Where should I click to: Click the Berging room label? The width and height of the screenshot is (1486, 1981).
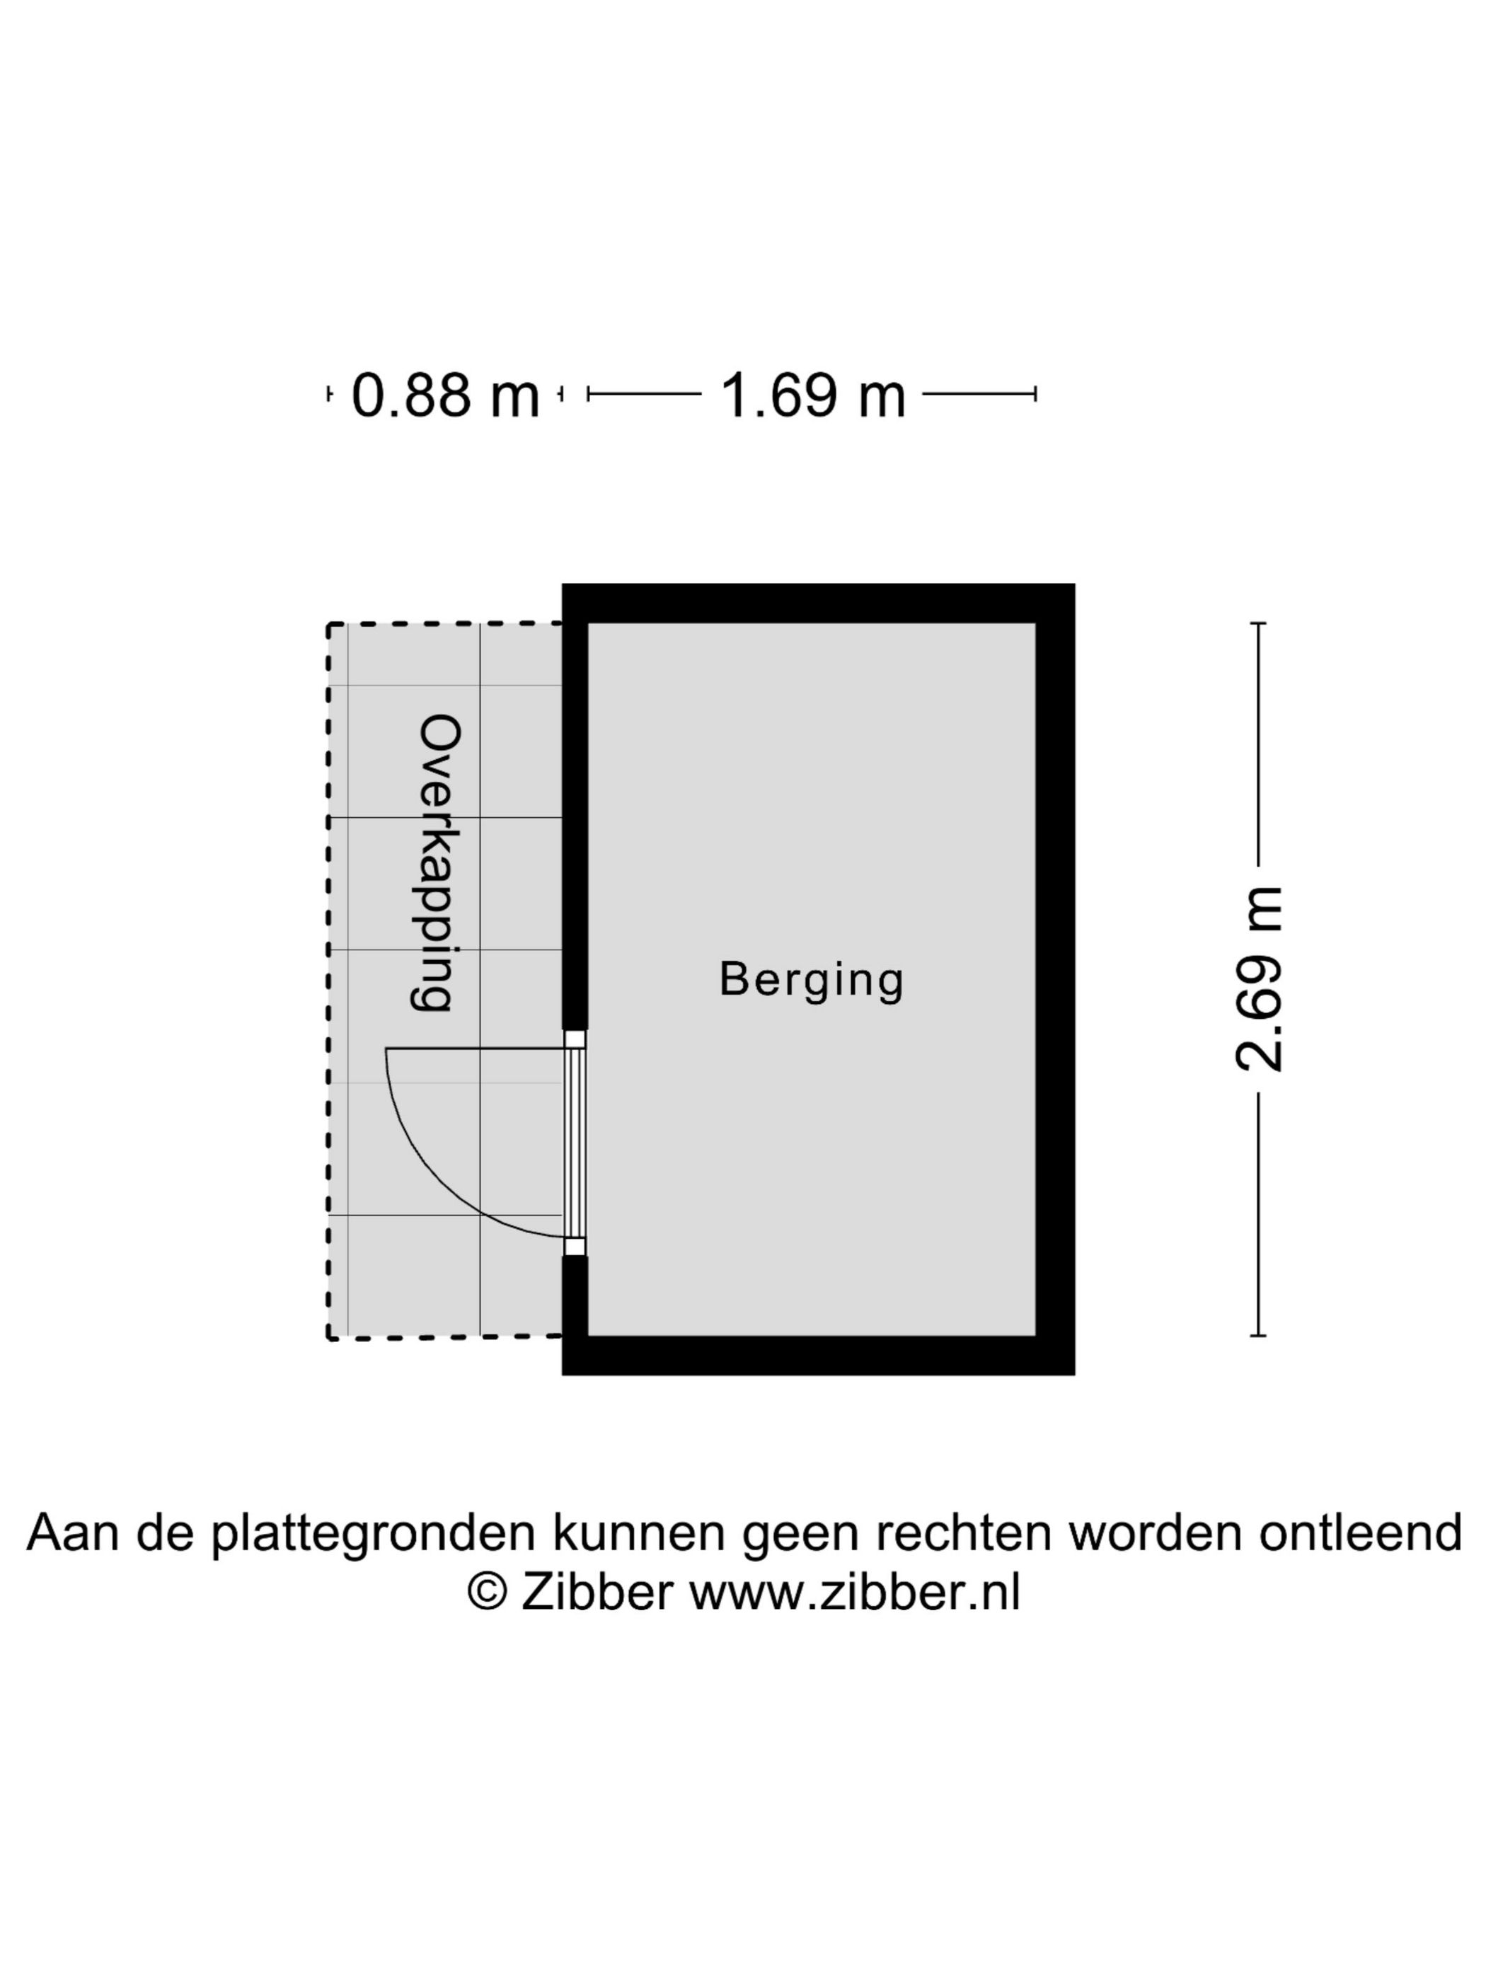point(812,981)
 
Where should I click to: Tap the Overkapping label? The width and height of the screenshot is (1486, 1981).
point(438,863)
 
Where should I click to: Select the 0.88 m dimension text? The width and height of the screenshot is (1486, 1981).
point(445,395)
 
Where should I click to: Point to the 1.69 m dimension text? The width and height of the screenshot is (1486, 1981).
point(812,395)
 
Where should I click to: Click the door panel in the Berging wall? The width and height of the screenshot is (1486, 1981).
point(574,1143)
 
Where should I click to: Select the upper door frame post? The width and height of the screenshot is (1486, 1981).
point(574,1039)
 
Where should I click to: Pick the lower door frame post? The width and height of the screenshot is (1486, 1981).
point(574,1247)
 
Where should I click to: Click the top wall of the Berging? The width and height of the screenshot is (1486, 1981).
point(818,603)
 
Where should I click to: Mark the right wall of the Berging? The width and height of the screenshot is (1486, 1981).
point(1055,980)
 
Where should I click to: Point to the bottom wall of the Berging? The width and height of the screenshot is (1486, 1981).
point(818,1356)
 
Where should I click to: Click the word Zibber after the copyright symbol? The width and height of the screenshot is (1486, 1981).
point(597,1593)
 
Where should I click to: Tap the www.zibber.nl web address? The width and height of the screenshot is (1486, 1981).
point(855,1593)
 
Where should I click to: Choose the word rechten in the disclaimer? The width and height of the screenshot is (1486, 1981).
point(963,1533)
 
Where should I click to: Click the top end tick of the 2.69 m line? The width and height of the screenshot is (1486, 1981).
point(1258,623)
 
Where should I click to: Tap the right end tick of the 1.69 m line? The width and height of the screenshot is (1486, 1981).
point(1035,394)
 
